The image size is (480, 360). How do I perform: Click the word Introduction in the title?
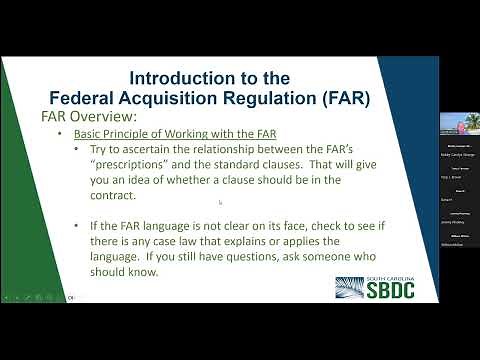pos(178,77)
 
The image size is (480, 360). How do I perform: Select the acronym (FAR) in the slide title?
pos(340,97)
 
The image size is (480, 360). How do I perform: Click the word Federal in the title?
pos(90,97)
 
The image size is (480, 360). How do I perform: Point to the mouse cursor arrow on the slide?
pos(220,202)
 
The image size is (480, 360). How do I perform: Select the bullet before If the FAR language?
pos(78,227)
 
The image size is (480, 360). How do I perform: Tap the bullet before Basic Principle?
pos(60,134)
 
